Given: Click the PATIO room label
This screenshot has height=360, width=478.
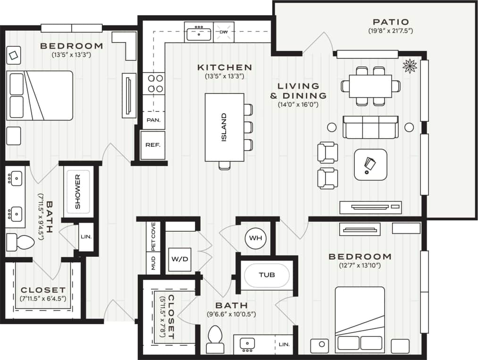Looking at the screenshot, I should point(390,22).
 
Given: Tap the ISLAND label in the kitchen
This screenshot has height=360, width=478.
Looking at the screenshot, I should point(224,127).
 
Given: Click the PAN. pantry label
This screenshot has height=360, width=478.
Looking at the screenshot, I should point(153,120).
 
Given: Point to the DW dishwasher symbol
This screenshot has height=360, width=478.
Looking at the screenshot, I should point(224,32).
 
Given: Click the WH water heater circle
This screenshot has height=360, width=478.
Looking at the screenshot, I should point(255,238).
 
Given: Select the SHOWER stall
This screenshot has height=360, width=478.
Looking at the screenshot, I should point(77,191).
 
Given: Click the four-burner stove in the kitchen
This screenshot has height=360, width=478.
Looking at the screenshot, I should point(153,83).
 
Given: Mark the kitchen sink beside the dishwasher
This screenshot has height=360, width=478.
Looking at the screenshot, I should point(199,33).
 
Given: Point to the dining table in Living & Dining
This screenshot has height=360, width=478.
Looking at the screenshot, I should point(370,85).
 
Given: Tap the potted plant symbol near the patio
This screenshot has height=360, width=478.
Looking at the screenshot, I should point(410,66).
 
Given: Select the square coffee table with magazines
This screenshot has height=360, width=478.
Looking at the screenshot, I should point(370,164).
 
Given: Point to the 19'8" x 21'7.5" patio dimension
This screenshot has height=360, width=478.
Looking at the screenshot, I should point(390,31).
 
